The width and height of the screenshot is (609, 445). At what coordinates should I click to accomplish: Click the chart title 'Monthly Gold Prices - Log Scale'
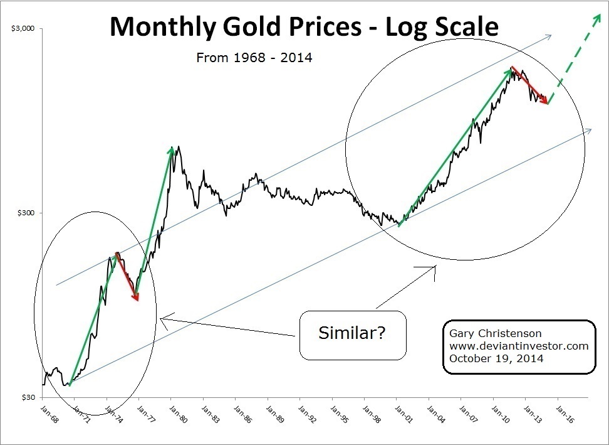pyautogui.click(x=304, y=27)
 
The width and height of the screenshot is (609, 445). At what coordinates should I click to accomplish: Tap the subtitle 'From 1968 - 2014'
pyautogui.click(x=254, y=58)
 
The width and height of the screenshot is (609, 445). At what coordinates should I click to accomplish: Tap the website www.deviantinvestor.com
pyautogui.click(x=519, y=346)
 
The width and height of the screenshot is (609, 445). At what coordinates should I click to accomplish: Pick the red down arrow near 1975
pyautogui.click(x=127, y=277)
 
